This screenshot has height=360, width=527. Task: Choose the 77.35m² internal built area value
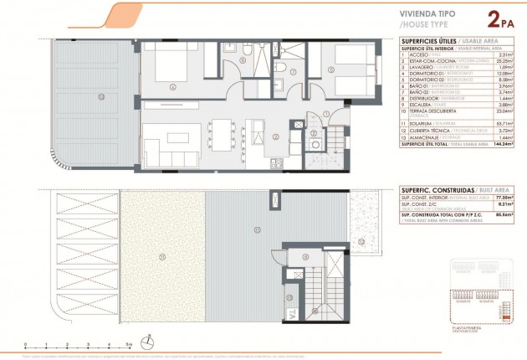501,196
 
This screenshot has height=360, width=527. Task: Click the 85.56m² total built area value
501,215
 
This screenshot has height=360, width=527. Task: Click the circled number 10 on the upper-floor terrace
100,97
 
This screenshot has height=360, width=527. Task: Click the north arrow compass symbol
148,342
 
